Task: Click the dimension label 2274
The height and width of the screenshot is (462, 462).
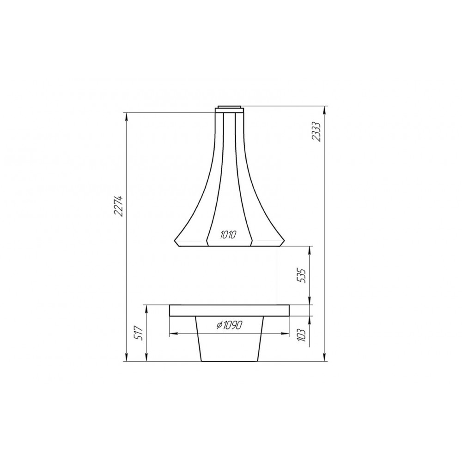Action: pos(118,206)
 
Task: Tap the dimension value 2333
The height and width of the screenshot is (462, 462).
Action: pos(316,132)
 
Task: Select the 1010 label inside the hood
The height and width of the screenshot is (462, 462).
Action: pos(228,235)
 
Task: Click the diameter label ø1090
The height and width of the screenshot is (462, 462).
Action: pos(230,325)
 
